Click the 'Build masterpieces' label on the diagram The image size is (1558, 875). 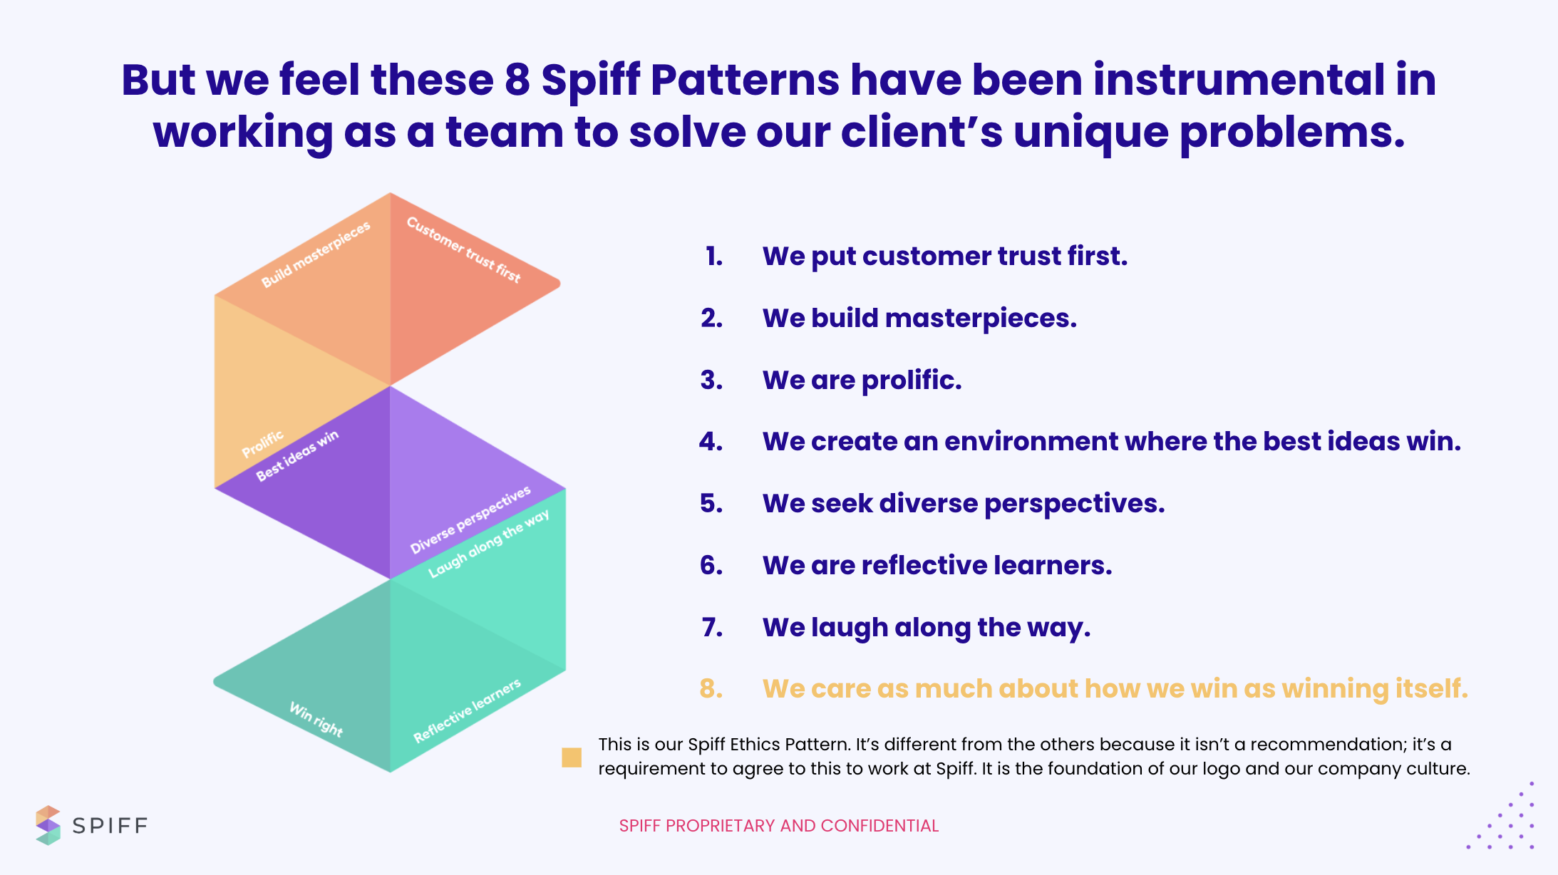[x=316, y=254]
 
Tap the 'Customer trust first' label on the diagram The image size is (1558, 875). [x=464, y=249]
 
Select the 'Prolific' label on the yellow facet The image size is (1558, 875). [x=262, y=444]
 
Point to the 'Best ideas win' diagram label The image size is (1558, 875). [x=297, y=456]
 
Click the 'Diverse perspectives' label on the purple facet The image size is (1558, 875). [x=470, y=519]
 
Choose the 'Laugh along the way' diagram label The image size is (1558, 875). [x=489, y=543]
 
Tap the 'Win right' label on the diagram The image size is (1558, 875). [x=316, y=719]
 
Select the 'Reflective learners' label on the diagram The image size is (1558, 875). [x=467, y=711]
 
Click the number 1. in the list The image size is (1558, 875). [x=714, y=257]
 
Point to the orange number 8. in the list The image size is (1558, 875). [x=711, y=688]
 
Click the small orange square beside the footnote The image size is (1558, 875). [x=572, y=757]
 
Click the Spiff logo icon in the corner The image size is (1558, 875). [x=48, y=825]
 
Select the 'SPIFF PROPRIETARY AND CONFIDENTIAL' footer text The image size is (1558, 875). [x=779, y=826]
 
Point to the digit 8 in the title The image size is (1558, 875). [x=517, y=80]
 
